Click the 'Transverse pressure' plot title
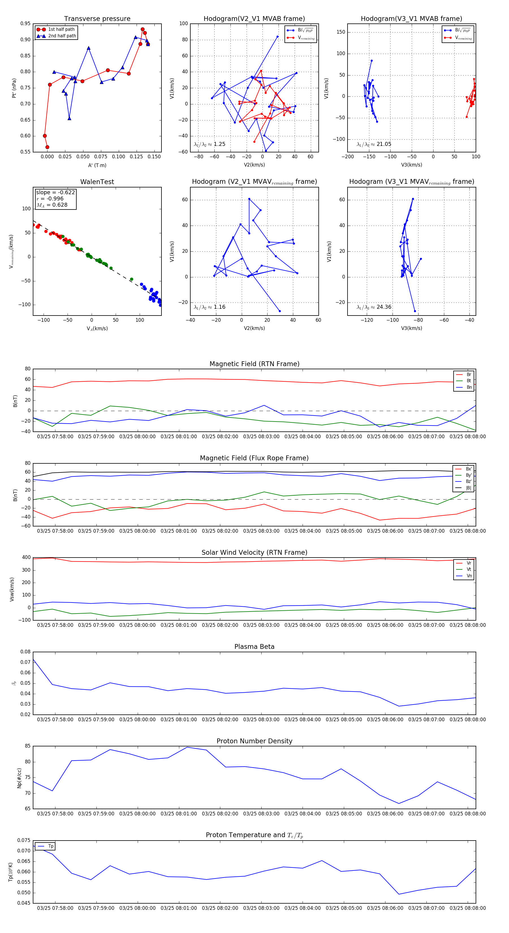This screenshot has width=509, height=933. coord(97,19)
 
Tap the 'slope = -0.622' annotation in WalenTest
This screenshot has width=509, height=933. coord(55,192)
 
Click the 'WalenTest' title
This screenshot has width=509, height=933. coord(97,182)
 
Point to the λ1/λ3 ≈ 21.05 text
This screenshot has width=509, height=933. coord(374,144)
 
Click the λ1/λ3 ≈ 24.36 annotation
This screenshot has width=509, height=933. coord(374,307)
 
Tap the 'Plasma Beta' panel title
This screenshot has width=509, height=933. coord(254,647)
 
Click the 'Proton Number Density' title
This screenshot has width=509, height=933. coord(254,741)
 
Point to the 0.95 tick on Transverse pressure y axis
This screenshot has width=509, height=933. coord(25,23)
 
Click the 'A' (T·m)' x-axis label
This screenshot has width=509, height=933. coord(97,165)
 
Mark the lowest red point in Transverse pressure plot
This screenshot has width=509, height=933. coord(48,147)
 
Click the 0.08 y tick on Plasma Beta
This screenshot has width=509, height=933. coord(25,652)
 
